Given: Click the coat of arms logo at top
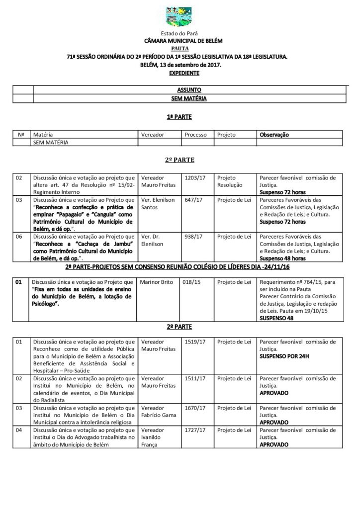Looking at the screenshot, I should click(x=180, y=17).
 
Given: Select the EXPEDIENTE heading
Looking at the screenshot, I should click(x=180, y=73).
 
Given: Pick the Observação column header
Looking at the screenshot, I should click(x=274, y=134).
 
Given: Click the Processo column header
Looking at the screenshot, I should click(x=195, y=134).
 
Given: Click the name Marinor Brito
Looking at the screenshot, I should click(x=157, y=282).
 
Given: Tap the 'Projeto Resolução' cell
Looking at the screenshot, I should click(x=230, y=181).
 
